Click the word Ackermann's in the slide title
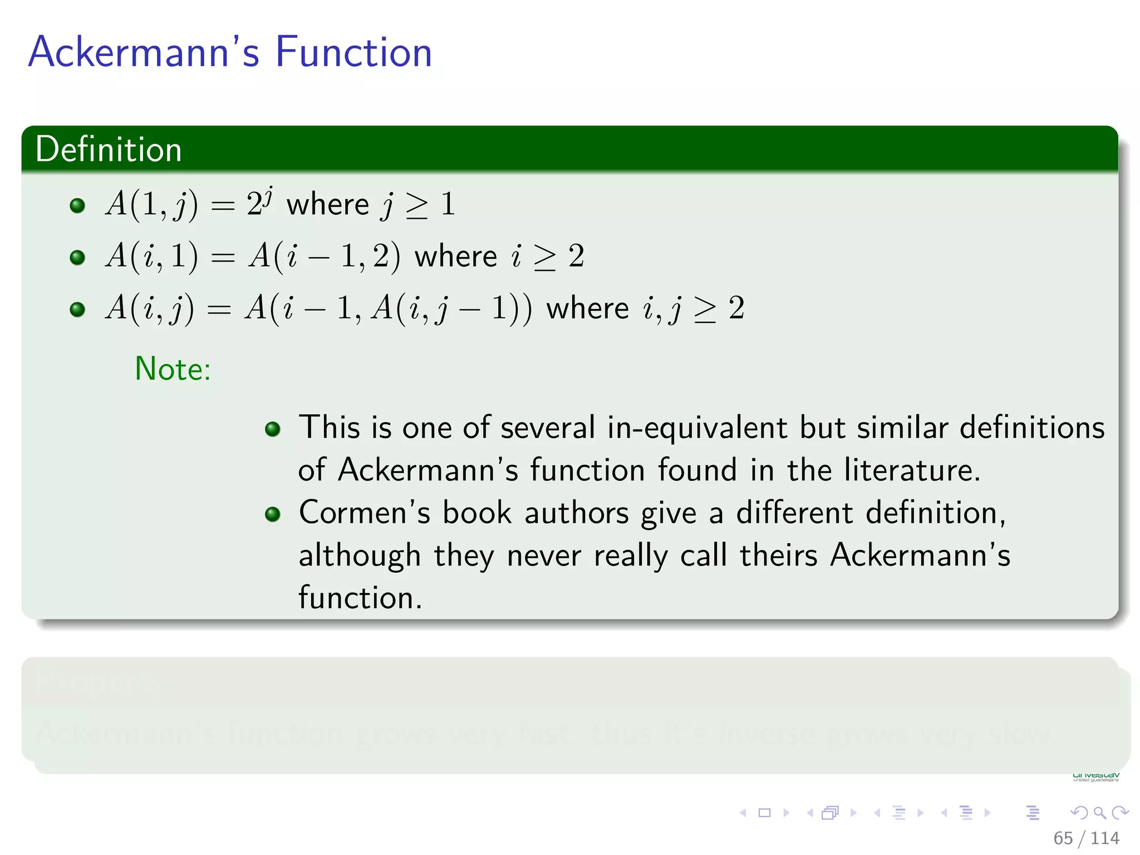pyautogui.click(x=144, y=52)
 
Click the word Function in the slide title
pyautogui.click(x=353, y=52)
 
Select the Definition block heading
pyautogui.click(x=109, y=149)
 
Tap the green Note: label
pyautogui.click(x=173, y=368)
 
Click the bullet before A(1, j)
pyautogui.click(x=77, y=205)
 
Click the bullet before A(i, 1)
pyautogui.click(x=77, y=257)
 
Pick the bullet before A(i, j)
pyautogui.click(x=77, y=309)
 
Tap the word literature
pyautogui.click(x=911, y=470)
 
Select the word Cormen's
pyautogui.click(x=365, y=512)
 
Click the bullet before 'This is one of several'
pyautogui.click(x=272, y=429)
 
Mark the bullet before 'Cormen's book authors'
pyautogui.click(x=272, y=514)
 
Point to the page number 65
pyautogui.click(x=1063, y=838)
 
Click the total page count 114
pyautogui.click(x=1105, y=838)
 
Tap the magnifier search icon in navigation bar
pyautogui.click(x=1099, y=813)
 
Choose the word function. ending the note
pyautogui.click(x=360, y=597)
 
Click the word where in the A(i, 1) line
pyautogui.click(x=455, y=257)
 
